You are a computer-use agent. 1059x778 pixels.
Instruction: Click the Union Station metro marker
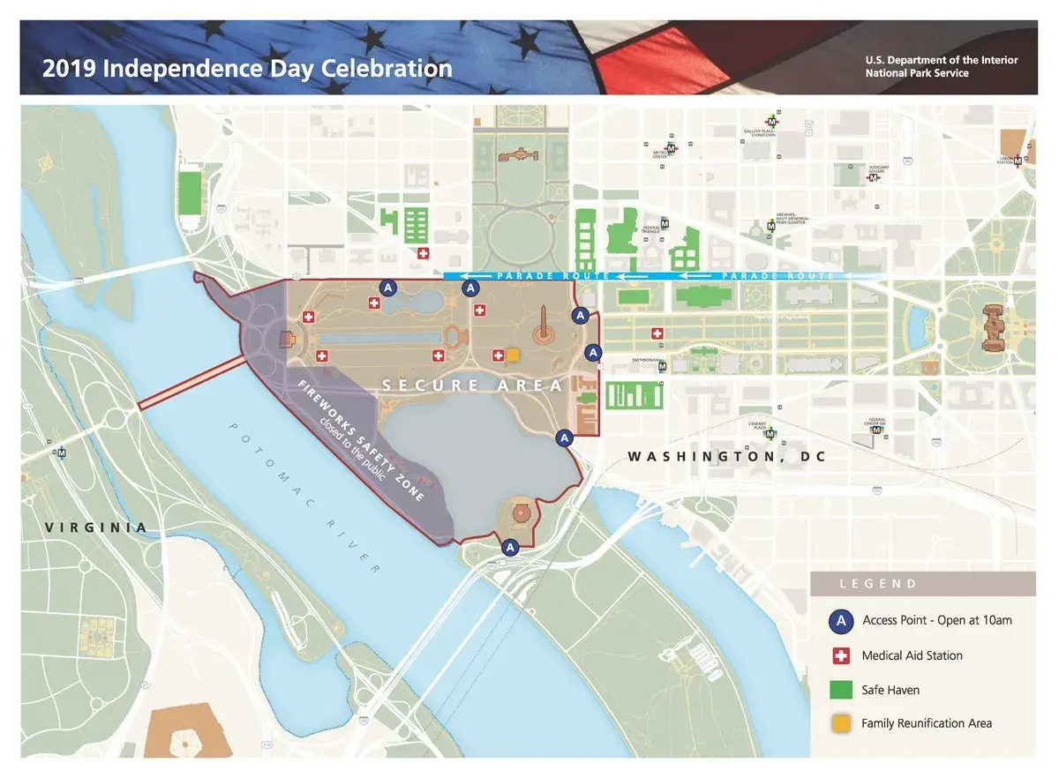pos(1018,161)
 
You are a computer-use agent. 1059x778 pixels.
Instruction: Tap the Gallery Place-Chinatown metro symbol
pos(772,121)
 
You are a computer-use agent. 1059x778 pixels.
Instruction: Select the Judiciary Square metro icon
pos(874,177)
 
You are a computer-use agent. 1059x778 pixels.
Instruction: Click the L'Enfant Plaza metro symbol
pos(771,434)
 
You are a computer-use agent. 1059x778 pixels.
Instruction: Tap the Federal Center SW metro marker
pos(875,430)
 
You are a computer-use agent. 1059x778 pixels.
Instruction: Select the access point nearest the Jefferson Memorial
pos(509,547)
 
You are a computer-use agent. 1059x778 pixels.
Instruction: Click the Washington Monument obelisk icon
pos(545,326)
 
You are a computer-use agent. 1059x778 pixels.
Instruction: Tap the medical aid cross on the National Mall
pos(657,333)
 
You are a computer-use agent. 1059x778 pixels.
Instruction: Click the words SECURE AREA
pos(473,385)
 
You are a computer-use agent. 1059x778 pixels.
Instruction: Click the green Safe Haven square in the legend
pos(841,689)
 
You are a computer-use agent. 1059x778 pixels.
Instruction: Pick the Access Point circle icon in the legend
pos(841,620)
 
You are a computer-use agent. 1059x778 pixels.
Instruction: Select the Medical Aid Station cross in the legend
pos(841,655)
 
